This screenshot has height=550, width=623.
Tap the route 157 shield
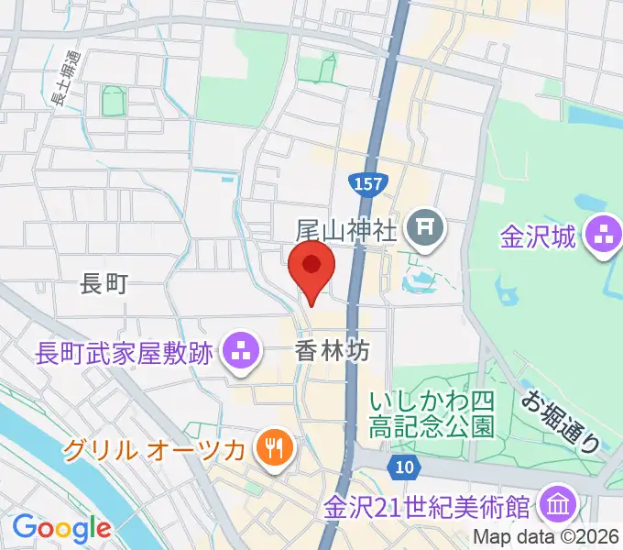click(x=370, y=182)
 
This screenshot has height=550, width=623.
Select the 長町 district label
click(x=104, y=285)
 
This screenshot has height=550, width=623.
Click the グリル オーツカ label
click(x=153, y=450)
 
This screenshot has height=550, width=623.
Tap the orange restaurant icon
click(x=276, y=448)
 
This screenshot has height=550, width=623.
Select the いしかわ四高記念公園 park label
click(x=432, y=414)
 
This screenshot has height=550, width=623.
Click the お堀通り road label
click(x=562, y=422)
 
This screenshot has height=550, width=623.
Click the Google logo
click(x=61, y=528)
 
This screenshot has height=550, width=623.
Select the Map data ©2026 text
click(x=547, y=538)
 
